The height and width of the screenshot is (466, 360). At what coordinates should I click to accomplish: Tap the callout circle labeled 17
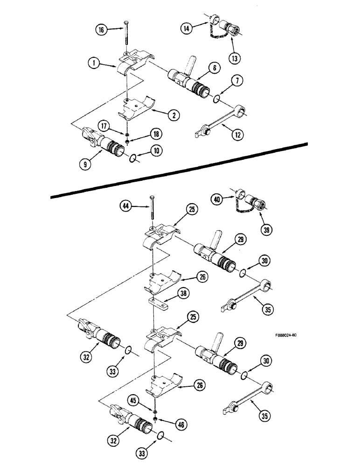[104, 125]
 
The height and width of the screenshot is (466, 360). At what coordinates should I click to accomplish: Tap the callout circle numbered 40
[216, 199]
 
